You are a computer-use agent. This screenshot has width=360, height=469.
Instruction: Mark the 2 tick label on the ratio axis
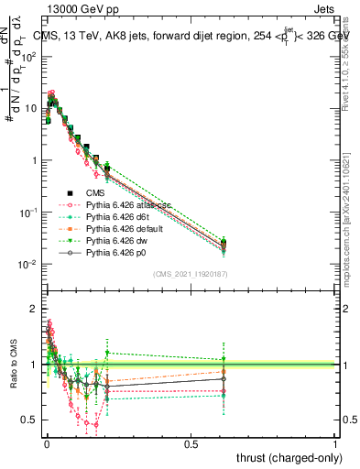(37, 310)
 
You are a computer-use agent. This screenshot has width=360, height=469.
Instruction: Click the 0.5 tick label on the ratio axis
(33, 420)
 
